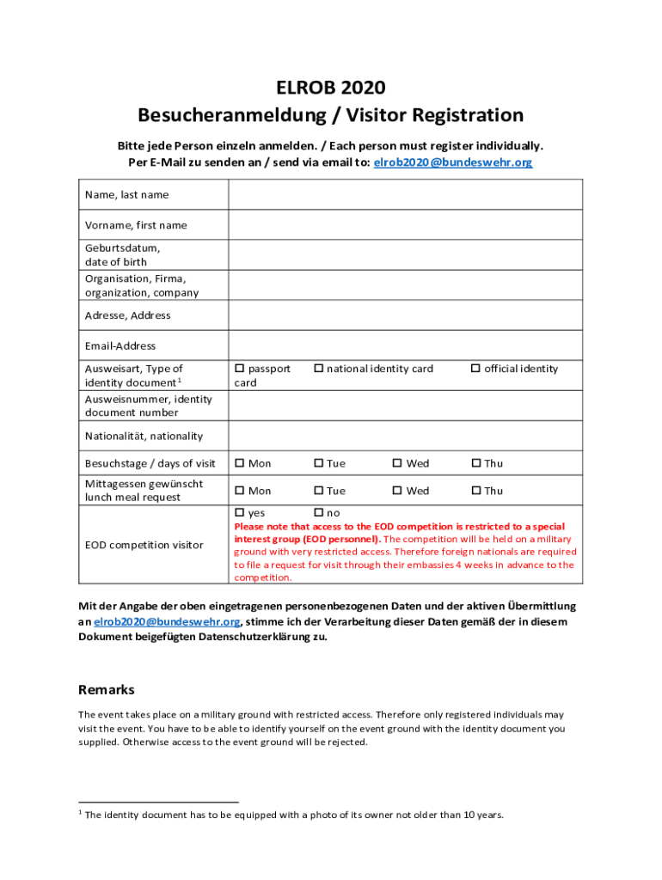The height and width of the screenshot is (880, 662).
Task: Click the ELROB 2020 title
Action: [x=330, y=88]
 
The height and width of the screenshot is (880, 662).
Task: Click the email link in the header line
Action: [x=453, y=162]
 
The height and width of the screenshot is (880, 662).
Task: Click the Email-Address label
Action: [x=120, y=345]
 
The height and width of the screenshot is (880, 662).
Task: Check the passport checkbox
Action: [x=240, y=369]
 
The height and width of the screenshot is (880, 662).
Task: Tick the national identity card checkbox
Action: [x=318, y=369]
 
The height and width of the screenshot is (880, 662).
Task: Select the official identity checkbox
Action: [x=475, y=369]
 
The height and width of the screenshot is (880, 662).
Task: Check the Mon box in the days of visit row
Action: [x=240, y=464]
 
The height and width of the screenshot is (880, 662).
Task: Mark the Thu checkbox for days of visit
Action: [x=475, y=464]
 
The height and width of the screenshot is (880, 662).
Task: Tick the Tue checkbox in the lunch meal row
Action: [x=318, y=492]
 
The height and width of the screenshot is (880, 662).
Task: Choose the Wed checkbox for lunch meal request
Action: [x=397, y=492]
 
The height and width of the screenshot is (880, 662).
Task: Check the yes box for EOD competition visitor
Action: [x=240, y=513]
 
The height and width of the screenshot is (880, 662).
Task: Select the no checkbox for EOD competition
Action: [x=318, y=513]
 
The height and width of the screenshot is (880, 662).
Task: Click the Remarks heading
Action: [x=107, y=690]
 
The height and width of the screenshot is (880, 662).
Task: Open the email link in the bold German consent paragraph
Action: [x=167, y=621]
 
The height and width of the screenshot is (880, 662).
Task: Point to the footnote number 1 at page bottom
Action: [x=80, y=812]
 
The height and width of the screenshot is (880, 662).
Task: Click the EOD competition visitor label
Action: [x=144, y=545]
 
